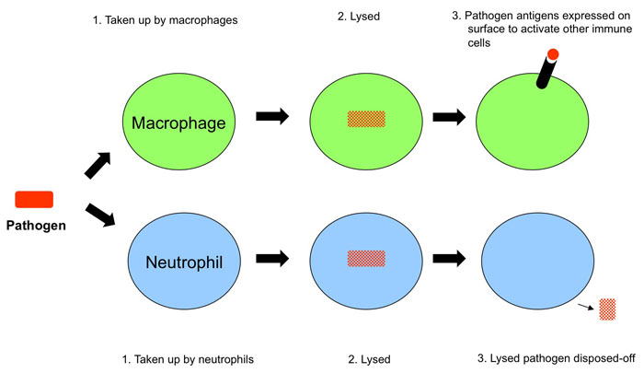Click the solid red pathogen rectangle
point(34,198)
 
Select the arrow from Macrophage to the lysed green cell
point(272,118)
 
